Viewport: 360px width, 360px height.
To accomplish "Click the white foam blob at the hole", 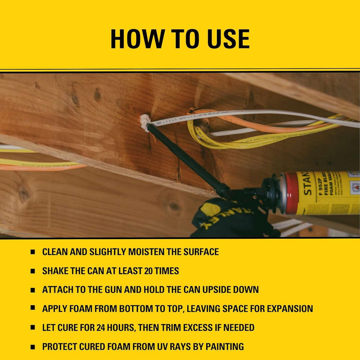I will (145, 122).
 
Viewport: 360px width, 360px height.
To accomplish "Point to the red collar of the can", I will (291, 193).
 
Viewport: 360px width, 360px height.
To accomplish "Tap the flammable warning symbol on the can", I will (354, 187).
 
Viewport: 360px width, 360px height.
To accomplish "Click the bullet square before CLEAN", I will (33, 252).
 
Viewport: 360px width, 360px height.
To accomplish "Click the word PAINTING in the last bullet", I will (221, 347).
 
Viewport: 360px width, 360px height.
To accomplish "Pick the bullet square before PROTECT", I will (33, 347).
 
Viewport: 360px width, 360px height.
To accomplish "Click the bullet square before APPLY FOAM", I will (33, 309).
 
